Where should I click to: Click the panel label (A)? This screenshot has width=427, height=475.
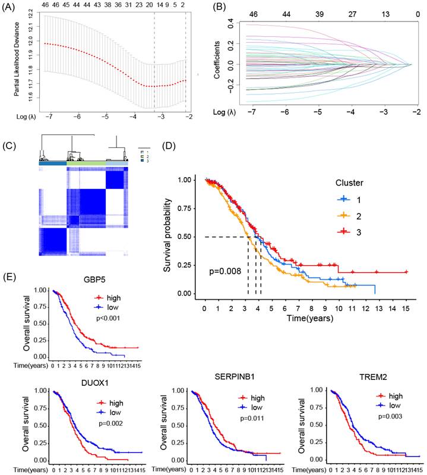[11, 7]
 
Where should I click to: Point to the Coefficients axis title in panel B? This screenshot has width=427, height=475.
[218, 59]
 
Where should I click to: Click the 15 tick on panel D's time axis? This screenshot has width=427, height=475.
[406, 310]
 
